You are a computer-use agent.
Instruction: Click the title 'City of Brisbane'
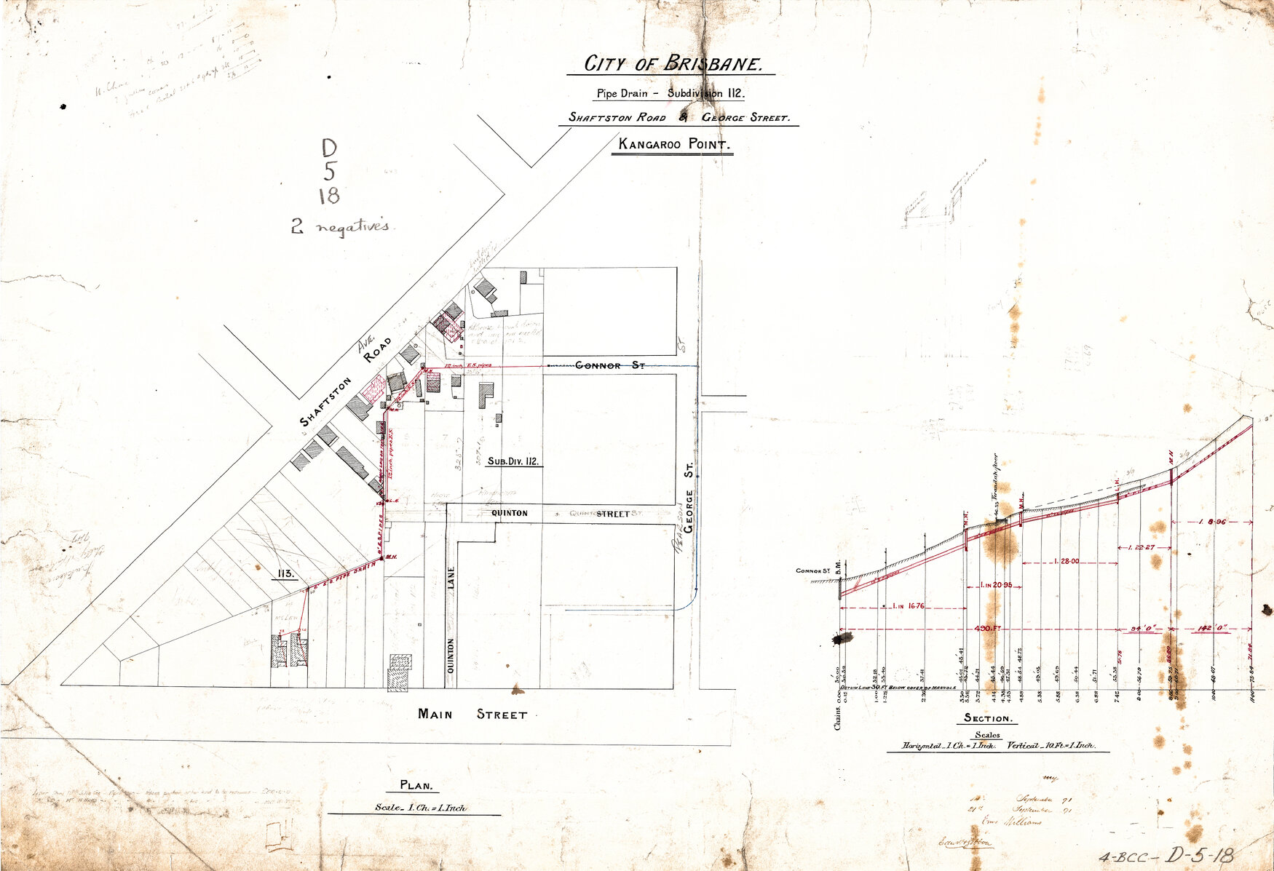(672, 64)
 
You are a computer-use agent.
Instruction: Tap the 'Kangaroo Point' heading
(673, 144)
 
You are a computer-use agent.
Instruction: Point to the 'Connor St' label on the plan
(609, 365)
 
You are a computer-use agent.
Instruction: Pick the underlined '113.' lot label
(285, 573)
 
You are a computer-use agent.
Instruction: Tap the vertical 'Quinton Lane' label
(451, 619)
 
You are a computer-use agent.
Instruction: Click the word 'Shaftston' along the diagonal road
(325, 402)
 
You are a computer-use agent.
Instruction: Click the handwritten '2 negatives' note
(341, 227)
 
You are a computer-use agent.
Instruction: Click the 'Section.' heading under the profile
(987, 718)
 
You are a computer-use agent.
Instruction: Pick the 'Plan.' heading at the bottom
(417, 785)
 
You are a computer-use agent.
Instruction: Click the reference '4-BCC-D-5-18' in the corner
(1166, 856)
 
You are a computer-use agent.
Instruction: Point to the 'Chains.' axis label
(839, 714)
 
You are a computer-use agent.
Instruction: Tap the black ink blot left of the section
(843, 639)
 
